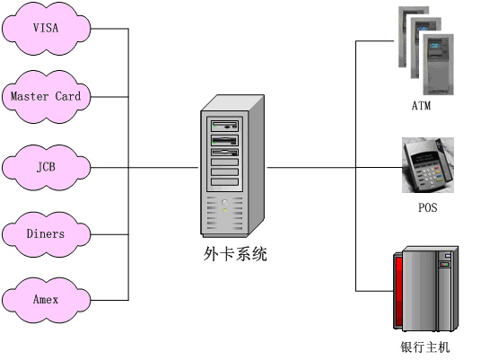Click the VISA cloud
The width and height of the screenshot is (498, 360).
click(x=46, y=29)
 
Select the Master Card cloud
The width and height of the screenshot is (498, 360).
click(x=46, y=97)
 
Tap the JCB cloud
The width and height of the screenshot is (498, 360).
click(x=46, y=168)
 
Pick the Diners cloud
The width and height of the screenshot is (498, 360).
click(x=46, y=234)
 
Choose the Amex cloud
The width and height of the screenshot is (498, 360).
click(x=46, y=300)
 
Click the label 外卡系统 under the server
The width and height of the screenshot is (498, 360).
click(x=235, y=254)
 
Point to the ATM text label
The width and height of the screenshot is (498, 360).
click(x=421, y=106)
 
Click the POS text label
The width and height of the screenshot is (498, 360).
click(x=427, y=207)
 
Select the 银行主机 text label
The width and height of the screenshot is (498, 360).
click(x=425, y=347)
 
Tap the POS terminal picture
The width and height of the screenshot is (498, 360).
click(x=428, y=165)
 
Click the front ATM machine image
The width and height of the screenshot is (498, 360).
click(x=438, y=65)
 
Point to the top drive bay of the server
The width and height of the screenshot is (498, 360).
click(x=225, y=126)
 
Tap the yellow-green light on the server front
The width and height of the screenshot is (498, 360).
click(x=224, y=210)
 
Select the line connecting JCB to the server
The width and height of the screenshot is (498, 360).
click(x=144, y=168)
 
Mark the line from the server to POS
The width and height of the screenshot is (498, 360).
click(x=335, y=168)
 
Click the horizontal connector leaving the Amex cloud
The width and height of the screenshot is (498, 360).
click(x=109, y=300)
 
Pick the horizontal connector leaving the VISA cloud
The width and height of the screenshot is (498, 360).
click(x=109, y=29)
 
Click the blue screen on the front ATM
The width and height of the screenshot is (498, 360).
click(x=435, y=44)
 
